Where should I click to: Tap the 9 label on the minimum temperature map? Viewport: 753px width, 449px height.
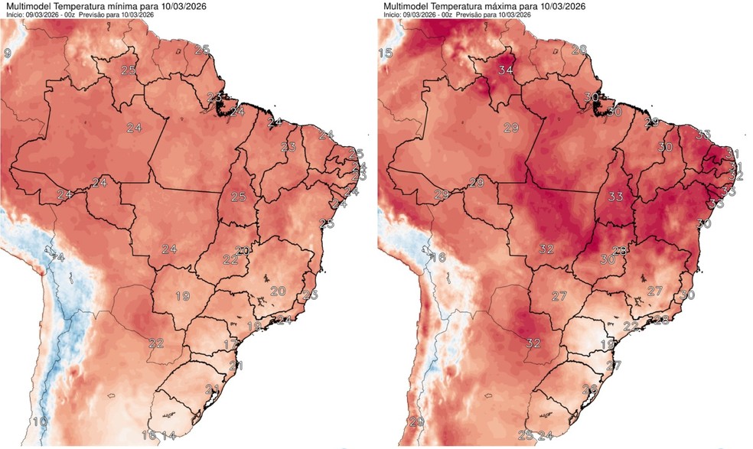coord(7,53)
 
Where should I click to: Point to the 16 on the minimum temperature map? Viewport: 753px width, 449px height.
coord(150,435)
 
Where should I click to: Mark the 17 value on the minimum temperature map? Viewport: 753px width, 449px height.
coord(230,344)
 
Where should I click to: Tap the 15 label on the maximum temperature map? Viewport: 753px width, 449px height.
coord(386,53)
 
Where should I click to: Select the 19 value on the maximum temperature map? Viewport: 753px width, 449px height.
coord(608,345)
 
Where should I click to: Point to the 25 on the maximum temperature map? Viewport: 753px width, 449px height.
coord(526,435)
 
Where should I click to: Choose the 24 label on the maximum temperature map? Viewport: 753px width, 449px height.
coord(545,435)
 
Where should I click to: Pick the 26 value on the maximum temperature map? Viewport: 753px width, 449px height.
coord(589,390)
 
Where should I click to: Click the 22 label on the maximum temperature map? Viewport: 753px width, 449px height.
coord(631,327)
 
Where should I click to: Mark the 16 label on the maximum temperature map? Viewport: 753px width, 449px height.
coord(437,258)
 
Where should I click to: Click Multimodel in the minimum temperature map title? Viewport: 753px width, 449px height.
coord(27,5)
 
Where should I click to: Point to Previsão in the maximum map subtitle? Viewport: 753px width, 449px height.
coord(473,14)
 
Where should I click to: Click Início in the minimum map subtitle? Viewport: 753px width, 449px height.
coord(15,14)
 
